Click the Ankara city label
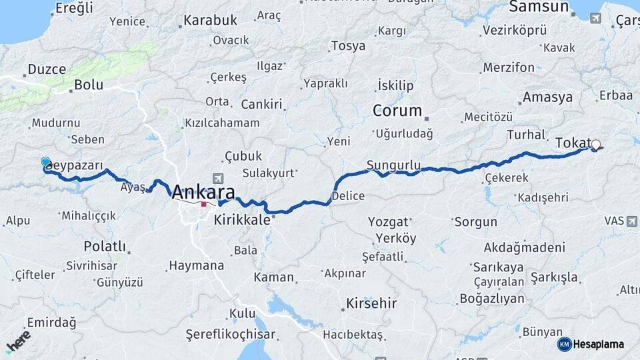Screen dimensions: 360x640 [203, 193]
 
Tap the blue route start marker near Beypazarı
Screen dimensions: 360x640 [45, 162]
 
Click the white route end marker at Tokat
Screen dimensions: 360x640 [595, 144]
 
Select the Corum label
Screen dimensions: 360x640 [397, 111]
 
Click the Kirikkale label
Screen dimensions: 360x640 [242, 219]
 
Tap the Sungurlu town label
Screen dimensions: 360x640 [393, 164]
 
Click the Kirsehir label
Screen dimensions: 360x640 [371, 303]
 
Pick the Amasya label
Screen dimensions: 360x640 [547, 97]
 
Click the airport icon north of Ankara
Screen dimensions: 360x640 [218, 179]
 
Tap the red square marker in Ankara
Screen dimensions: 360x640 [203, 205]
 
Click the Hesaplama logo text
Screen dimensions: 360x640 [598, 344]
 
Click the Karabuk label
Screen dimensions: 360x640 [210, 21]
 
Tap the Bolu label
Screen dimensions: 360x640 [88, 85]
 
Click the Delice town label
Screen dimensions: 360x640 [348, 195]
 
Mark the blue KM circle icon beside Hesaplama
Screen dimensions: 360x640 [565, 344]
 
